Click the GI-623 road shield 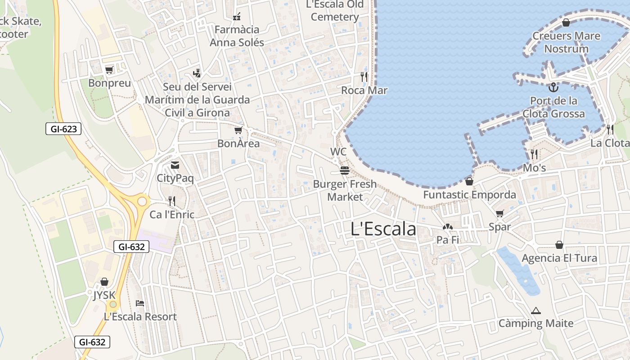pyautogui.click(x=63, y=129)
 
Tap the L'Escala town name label pyautogui.click(x=383, y=229)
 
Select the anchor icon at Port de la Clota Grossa pyautogui.click(x=553, y=87)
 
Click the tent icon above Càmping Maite pyautogui.click(x=535, y=310)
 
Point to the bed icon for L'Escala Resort pyautogui.click(x=140, y=303)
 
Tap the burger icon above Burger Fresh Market pyautogui.click(x=345, y=171)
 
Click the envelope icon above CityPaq pyautogui.click(x=175, y=165)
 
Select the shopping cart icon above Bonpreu pyautogui.click(x=109, y=70)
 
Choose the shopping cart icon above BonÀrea pyautogui.click(x=238, y=130)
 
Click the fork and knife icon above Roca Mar pyautogui.click(x=364, y=77)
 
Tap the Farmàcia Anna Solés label pyautogui.click(x=237, y=36)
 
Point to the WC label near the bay pyautogui.click(x=338, y=152)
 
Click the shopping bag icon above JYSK pyautogui.click(x=104, y=282)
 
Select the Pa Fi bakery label pyautogui.click(x=448, y=240)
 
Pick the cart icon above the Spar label pyautogui.click(x=499, y=213)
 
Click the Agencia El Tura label pyautogui.click(x=559, y=258)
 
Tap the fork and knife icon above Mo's pyautogui.click(x=534, y=154)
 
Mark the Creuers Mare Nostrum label pyautogui.click(x=566, y=42)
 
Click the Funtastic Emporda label pyautogui.click(x=469, y=195)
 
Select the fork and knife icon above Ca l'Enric pyautogui.click(x=171, y=201)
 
